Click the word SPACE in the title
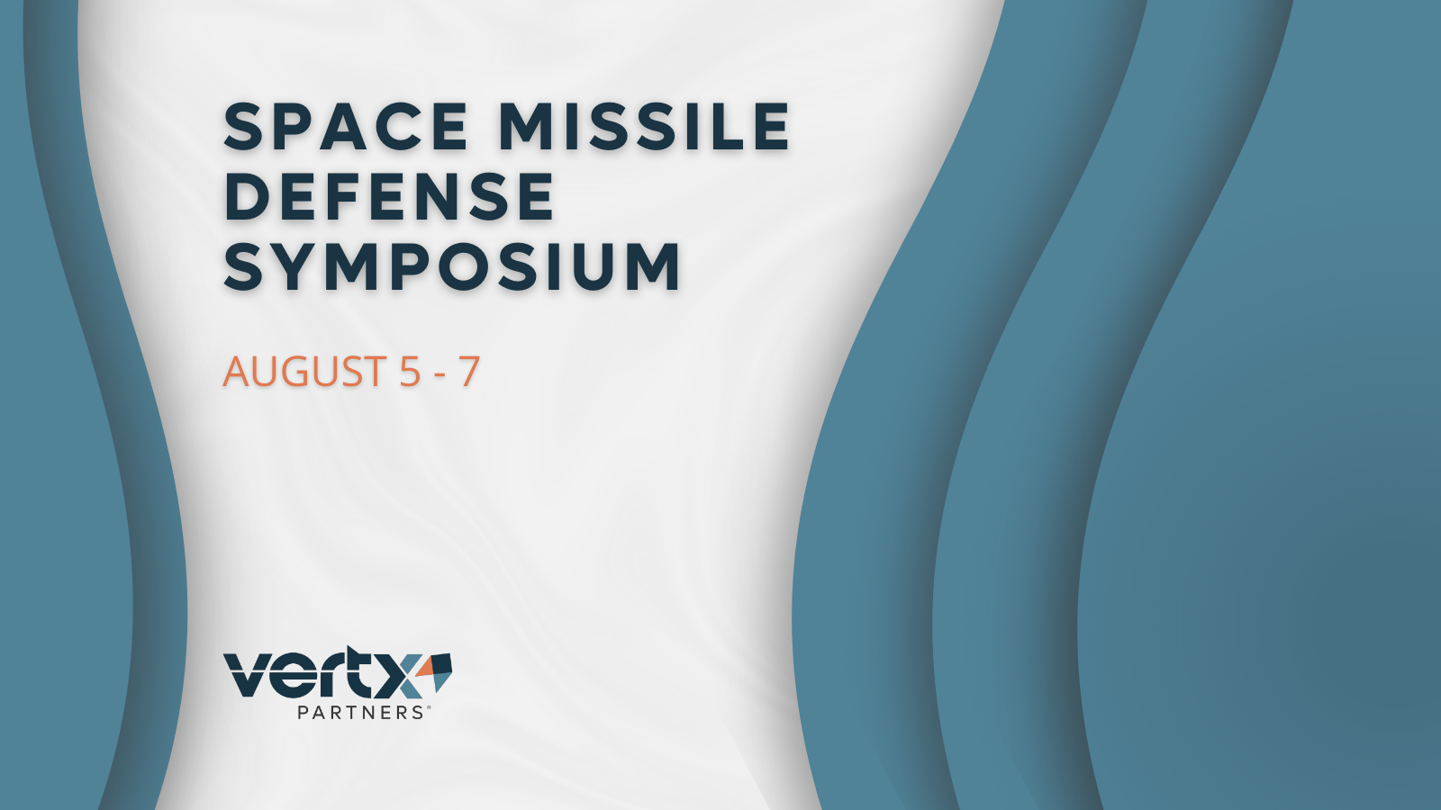point(346,126)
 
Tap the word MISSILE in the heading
point(645,126)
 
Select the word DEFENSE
point(389,196)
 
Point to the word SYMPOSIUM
point(452,266)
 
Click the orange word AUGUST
point(304,372)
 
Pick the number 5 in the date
point(409,372)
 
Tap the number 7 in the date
point(469,372)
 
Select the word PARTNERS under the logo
point(360,712)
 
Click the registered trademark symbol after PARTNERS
point(428,708)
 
